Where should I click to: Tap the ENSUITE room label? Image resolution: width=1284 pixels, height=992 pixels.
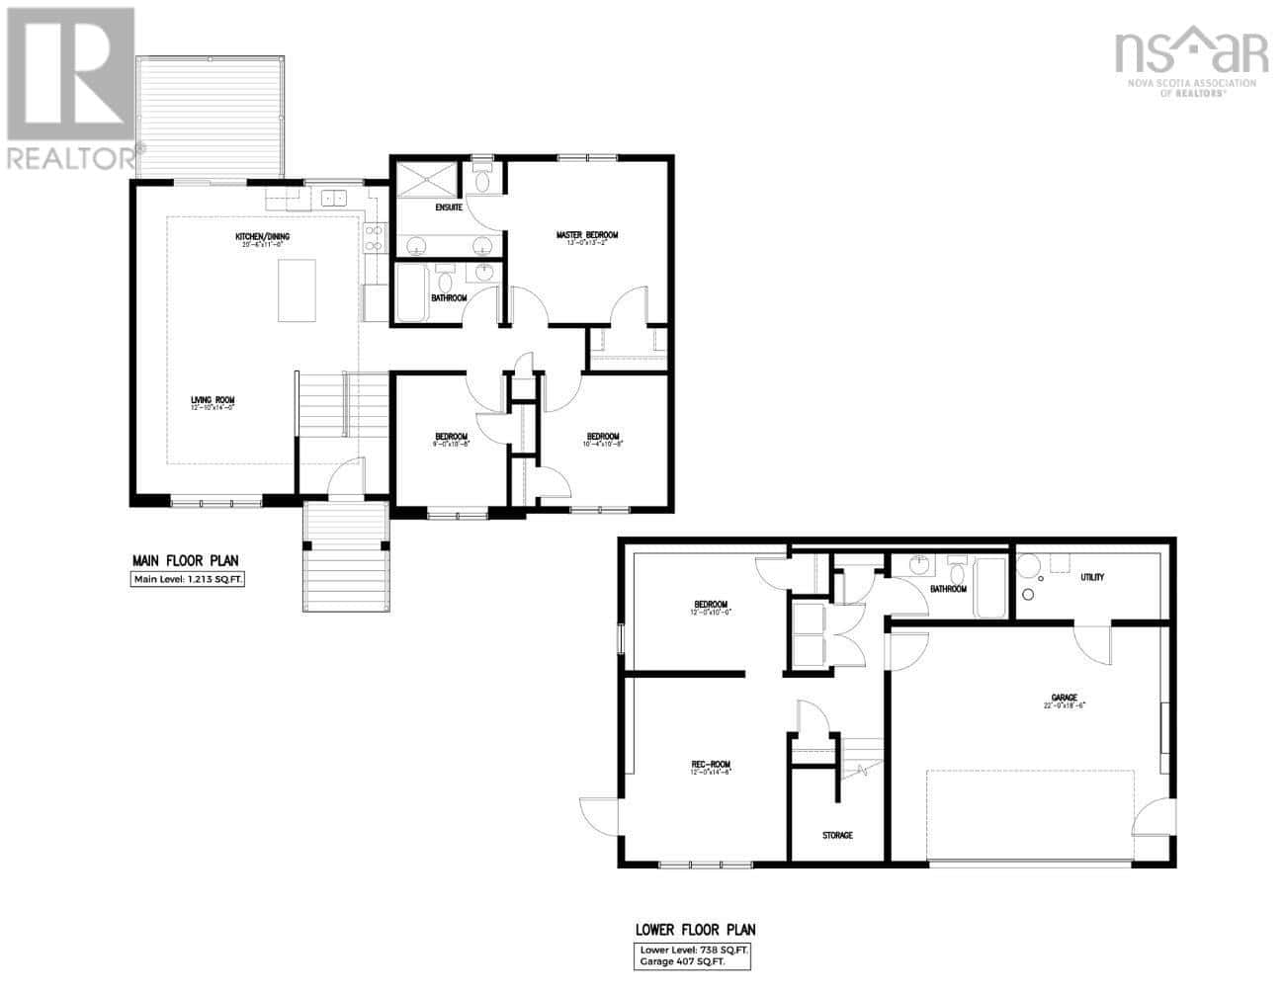click(450, 207)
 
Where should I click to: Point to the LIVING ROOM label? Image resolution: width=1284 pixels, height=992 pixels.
click(213, 401)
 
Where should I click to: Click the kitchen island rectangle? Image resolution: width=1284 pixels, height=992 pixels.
click(297, 290)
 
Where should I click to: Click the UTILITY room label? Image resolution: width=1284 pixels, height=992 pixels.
click(1092, 577)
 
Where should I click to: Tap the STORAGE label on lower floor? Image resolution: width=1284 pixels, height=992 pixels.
click(837, 836)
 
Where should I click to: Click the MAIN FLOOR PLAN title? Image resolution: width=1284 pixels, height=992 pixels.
click(186, 560)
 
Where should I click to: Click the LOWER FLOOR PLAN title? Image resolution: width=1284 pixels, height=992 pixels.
click(696, 930)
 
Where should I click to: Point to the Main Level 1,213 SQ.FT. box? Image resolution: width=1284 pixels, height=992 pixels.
click(187, 580)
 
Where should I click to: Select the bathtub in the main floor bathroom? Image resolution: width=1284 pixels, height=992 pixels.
click(409, 293)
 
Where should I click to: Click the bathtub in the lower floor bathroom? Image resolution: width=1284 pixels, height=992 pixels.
click(990, 588)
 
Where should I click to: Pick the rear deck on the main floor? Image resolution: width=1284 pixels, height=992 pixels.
click(212, 117)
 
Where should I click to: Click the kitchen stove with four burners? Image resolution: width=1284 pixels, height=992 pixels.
click(375, 237)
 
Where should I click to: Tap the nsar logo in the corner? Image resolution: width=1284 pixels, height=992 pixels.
click(1190, 57)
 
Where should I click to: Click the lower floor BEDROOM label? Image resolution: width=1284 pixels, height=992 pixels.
click(711, 605)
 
